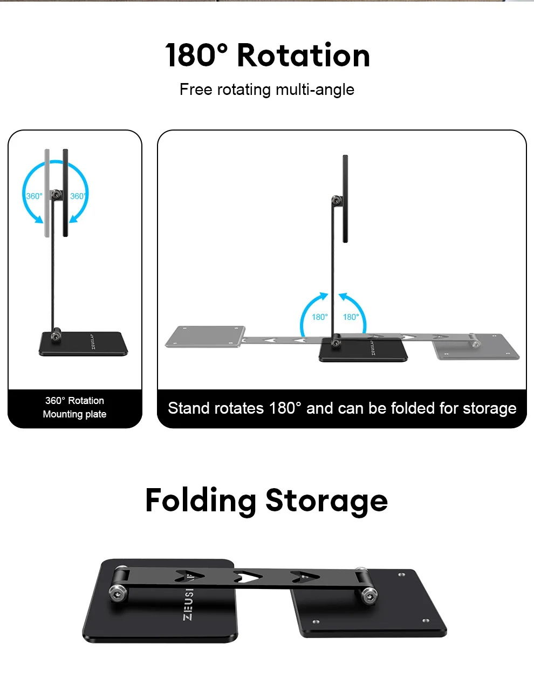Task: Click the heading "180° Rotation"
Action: [268, 55]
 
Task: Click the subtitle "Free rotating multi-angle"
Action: [267, 90]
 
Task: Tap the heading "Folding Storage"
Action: [266, 501]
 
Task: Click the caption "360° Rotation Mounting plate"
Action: [74, 407]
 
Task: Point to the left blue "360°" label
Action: [34, 196]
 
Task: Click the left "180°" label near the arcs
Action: [319, 317]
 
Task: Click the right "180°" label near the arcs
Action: [351, 317]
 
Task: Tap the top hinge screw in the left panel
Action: [56, 194]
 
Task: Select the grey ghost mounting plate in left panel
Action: [47, 193]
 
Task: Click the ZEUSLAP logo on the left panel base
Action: [93, 341]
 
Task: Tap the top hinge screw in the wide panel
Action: [336, 201]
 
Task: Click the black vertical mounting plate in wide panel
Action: [345, 198]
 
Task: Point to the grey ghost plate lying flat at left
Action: [206, 337]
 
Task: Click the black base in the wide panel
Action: [364, 350]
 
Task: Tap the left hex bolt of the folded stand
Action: [118, 593]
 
